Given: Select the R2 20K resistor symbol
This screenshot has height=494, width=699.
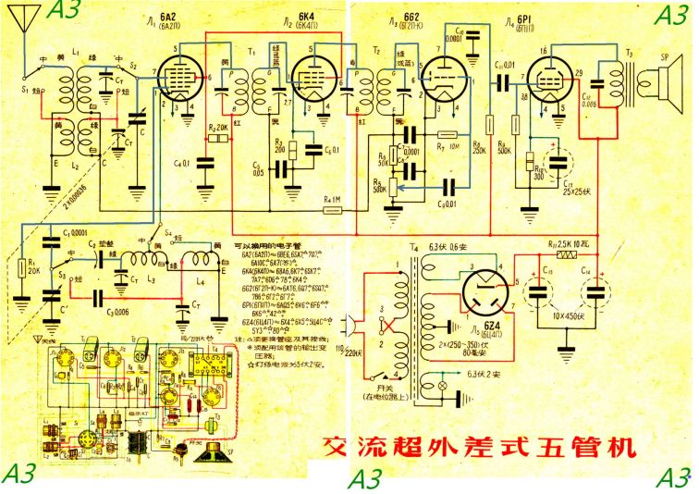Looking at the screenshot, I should (218, 139).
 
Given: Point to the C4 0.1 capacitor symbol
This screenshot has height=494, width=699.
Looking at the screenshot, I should (200, 164).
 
